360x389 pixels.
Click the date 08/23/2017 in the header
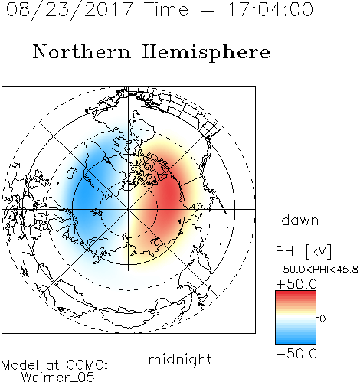point(70,10)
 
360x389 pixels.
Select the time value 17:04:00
point(270,9)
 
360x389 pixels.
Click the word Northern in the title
point(82,51)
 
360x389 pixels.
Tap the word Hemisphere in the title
point(206,53)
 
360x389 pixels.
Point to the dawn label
point(300,220)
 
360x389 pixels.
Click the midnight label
point(180,359)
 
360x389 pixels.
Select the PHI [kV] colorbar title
point(304,251)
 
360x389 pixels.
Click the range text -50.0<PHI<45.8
point(317,270)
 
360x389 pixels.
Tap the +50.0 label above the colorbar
point(296,284)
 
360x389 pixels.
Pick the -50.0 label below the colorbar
point(296,354)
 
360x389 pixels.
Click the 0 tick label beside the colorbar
point(322,319)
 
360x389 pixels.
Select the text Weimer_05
point(58,378)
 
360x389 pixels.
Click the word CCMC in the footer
point(87,365)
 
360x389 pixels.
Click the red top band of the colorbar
point(296,293)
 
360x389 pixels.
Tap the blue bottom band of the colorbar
point(296,342)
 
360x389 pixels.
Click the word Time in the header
point(166,10)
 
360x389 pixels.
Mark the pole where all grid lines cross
point(129,209)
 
